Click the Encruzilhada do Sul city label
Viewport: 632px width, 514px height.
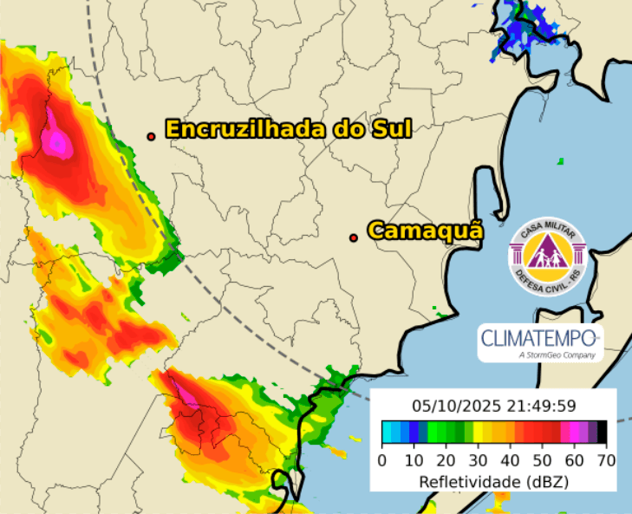[288, 129]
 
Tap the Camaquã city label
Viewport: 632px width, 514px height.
[425, 231]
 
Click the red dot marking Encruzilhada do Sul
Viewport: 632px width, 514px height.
[151, 136]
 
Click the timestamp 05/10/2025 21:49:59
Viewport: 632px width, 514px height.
[492, 405]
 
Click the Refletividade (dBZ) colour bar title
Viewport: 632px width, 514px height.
[494, 479]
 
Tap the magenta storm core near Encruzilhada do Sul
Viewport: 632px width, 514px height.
[57, 139]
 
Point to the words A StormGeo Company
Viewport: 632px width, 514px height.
[555, 355]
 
